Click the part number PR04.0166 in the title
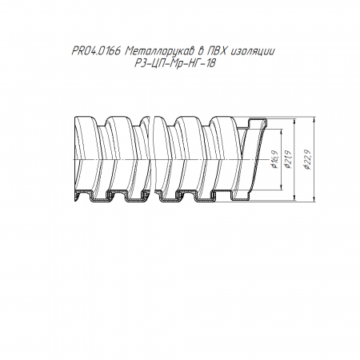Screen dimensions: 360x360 97,51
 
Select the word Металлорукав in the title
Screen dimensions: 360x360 161,51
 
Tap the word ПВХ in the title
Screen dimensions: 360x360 218,50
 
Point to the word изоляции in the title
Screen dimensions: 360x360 252,51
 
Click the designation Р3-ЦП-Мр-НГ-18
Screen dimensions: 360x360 174,63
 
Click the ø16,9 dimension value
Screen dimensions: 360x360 275,159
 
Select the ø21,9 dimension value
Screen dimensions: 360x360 288,159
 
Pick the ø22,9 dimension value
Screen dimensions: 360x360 308,159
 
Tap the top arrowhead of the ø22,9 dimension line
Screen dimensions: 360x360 314,119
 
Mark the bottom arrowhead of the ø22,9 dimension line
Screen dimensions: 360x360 314,200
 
